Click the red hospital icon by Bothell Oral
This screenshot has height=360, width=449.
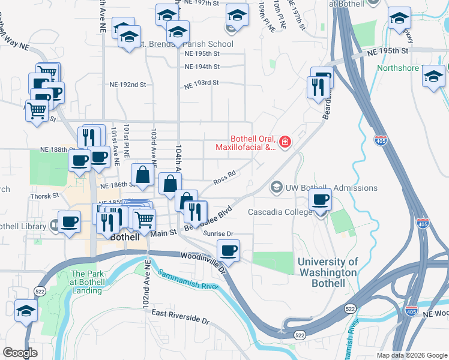click(x=285, y=142)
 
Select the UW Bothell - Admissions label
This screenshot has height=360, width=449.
click(x=331, y=188)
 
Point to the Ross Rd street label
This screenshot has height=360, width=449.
click(x=224, y=178)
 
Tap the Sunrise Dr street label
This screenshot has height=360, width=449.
click(x=218, y=233)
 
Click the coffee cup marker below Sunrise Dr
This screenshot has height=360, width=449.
click(x=228, y=250)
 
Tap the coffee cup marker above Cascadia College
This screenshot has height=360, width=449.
click(x=321, y=200)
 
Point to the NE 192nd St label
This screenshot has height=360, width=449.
click(x=127, y=85)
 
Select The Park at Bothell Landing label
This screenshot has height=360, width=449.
click(x=87, y=282)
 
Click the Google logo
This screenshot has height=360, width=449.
click(x=20, y=353)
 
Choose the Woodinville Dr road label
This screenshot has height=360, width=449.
click(x=203, y=261)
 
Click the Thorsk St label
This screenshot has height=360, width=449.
click(x=45, y=196)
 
